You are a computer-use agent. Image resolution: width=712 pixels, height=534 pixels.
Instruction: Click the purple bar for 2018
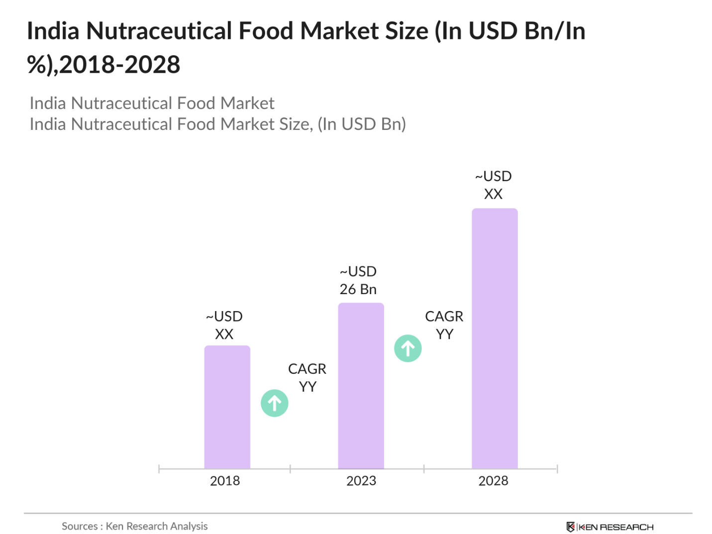pos(227,407)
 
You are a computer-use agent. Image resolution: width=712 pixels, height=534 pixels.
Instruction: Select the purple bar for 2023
pos(361,386)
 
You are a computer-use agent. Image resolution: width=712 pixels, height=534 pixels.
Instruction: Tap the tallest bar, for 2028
pos(495,338)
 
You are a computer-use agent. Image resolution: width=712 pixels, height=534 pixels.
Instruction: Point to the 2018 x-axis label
pos(225,481)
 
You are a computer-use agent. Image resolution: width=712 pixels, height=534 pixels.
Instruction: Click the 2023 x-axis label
pos(361,481)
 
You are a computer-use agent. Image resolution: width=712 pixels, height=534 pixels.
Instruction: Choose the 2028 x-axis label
pos(493,481)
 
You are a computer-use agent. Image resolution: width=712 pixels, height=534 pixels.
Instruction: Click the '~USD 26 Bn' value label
pos(358,280)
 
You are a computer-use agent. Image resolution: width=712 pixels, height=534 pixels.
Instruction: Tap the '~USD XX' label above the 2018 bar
pos(224,325)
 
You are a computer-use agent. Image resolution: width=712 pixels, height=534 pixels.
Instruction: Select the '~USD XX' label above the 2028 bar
pos(493,185)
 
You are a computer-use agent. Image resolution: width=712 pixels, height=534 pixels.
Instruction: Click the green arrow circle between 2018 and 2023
pos(275,403)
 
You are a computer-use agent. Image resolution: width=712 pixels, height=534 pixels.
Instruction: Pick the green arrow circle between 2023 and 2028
pos(408,348)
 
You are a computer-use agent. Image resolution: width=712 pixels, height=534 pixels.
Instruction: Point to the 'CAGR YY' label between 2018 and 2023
pos(307,377)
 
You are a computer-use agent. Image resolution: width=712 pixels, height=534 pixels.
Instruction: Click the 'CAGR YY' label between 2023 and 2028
pos(444,325)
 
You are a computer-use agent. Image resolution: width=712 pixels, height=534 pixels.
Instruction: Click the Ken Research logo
pos(610,527)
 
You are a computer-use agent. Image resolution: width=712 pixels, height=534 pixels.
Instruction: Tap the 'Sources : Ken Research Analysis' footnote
pos(135,526)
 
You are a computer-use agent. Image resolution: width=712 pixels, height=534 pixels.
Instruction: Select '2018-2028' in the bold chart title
pos(119,65)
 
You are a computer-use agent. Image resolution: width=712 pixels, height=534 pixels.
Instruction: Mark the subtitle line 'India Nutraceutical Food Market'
pos(152,103)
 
